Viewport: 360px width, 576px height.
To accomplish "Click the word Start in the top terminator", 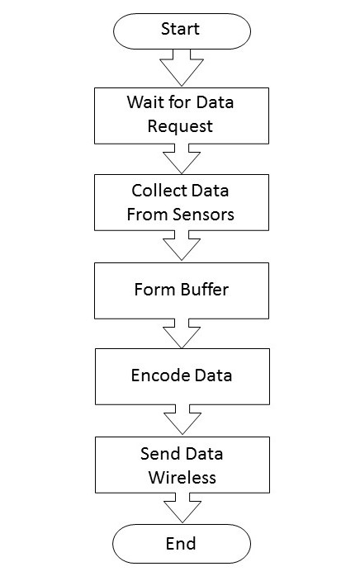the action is point(180,29).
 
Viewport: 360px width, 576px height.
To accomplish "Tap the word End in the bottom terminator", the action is point(181,543).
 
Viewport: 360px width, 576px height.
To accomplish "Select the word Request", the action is point(180,126).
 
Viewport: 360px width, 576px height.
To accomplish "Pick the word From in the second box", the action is point(148,215).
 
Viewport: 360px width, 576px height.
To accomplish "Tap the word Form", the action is point(154,290).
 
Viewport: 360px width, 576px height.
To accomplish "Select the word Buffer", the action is point(205,290).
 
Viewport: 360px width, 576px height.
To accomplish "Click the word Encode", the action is point(160,375).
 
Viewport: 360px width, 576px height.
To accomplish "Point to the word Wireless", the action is point(182,478).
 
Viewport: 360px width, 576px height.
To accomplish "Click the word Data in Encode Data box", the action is point(213,375).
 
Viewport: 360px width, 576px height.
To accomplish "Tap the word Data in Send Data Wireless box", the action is point(204,454).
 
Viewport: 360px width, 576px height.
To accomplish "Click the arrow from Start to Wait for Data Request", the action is point(182,68).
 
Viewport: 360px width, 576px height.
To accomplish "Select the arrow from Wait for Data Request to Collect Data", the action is point(182,158).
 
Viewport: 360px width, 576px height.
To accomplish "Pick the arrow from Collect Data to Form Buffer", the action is point(182,245).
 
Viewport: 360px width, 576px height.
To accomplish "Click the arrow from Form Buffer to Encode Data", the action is point(182,333).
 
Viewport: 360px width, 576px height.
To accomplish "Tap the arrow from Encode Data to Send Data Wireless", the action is point(182,419).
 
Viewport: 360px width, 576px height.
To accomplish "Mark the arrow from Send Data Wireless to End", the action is point(182,508).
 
